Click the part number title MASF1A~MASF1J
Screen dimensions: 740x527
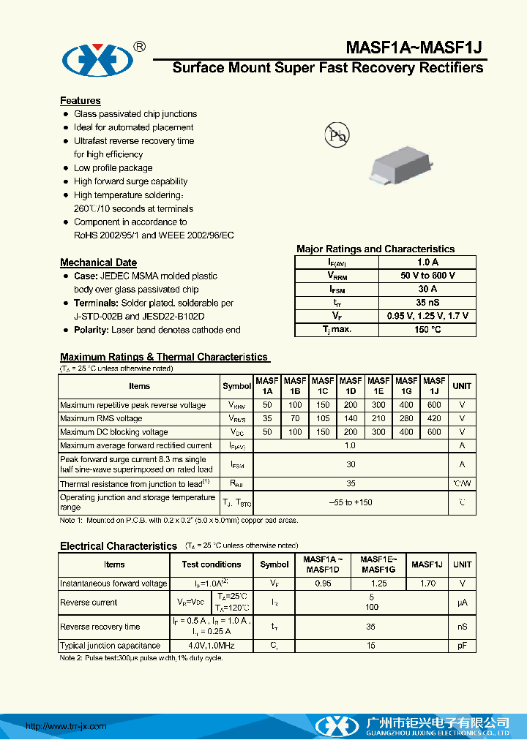(414, 48)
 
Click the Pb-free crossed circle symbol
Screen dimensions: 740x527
(337, 135)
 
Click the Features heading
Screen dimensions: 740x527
(81, 101)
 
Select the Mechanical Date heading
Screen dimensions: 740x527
(98, 263)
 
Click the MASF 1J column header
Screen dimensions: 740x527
(434, 386)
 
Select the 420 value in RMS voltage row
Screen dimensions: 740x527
(434, 419)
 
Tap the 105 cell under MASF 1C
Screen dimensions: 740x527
(323, 419)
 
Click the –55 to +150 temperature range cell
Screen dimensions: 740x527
(351, 502)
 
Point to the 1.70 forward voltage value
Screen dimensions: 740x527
(427, 584)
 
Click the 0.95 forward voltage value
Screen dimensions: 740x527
(323, 584)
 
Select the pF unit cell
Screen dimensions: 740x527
(462, 646)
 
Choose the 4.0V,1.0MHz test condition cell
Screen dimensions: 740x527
(211, 646)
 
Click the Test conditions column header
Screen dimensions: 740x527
(211, 565)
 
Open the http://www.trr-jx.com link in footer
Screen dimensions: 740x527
(66, 726)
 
